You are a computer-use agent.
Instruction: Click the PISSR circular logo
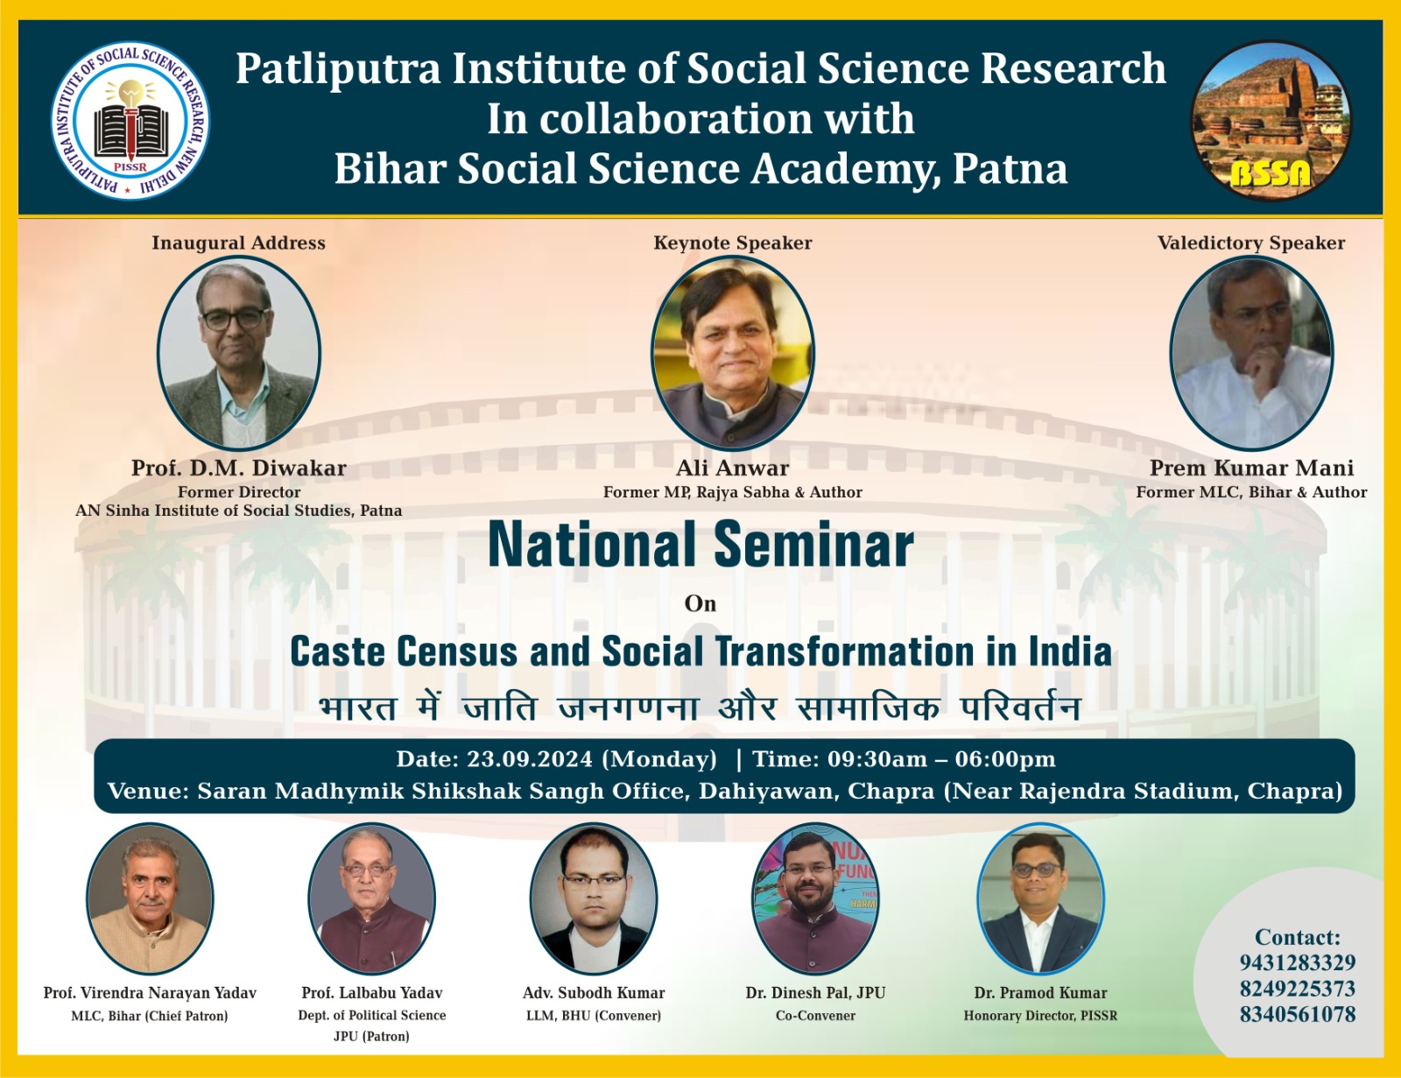coord(130,121)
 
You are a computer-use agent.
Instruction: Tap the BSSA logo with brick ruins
coord(1271,121)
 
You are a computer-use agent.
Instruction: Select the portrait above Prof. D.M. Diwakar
coord(238,353)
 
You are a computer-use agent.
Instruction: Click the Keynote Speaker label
coord(732,243)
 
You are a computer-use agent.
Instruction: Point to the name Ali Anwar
coord(732,468)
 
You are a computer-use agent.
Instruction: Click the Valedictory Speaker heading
coord(1251,243)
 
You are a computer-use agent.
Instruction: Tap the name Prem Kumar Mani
coord(1251,468)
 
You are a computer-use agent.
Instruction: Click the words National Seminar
coord(700,545)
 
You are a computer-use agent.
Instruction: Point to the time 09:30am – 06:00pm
coord(941,759)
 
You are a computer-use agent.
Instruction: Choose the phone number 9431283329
coord(1297,962)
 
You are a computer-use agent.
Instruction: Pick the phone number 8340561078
coord(1297,1014)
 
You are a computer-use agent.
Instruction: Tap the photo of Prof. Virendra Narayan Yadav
coord(150,898)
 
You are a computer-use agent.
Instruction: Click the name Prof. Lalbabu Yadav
coord(372,993)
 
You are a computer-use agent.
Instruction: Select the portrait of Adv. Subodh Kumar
coord(594,898)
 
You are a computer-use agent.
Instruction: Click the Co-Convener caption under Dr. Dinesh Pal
coord(815,1016)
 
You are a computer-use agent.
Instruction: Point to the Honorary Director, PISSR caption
coord(1040,1016)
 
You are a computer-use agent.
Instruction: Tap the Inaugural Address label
coord(238,243)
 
